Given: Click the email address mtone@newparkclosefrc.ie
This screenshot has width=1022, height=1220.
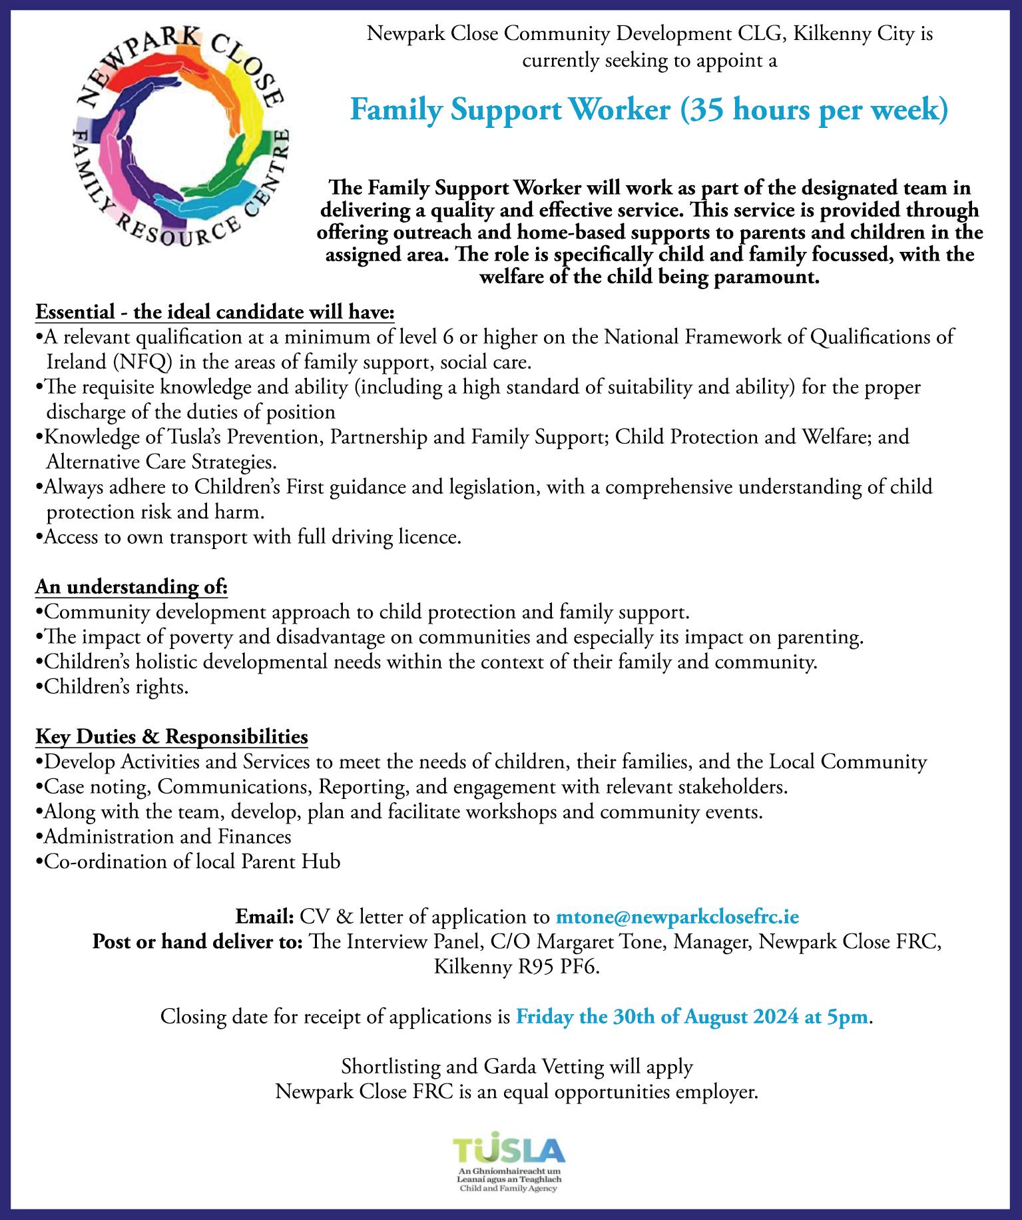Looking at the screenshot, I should click(677, 917).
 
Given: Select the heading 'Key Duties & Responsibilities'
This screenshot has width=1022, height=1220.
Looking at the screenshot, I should click(172, 736).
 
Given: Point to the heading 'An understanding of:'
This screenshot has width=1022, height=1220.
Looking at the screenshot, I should click(132, 587).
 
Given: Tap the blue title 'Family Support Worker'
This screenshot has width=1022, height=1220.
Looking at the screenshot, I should click(510, 110).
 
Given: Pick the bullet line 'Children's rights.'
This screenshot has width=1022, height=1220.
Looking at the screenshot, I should click(113, 687).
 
